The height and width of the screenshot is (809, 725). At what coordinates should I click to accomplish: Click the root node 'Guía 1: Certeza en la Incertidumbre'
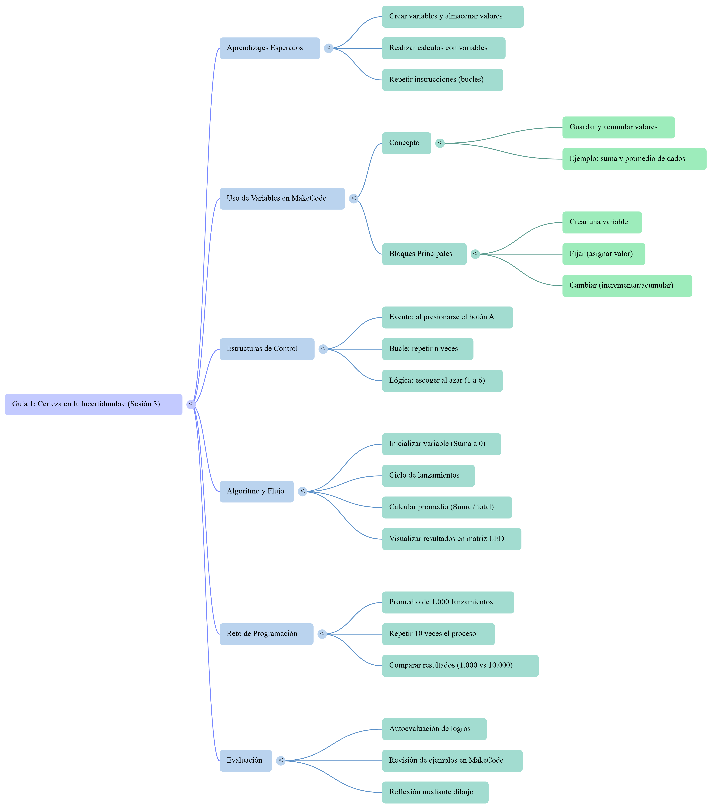point(94,404)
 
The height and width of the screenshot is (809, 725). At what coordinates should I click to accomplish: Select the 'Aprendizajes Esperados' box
point(270,48)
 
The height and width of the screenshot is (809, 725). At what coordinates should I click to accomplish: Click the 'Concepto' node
point(406,143)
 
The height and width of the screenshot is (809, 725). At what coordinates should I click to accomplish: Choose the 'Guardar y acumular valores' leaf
point(618,128)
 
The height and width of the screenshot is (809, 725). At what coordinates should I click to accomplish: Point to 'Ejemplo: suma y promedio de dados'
point(634,159)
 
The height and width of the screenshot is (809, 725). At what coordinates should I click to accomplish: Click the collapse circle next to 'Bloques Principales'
point(475,254)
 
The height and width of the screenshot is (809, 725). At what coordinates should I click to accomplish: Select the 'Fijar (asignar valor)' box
point(604,254)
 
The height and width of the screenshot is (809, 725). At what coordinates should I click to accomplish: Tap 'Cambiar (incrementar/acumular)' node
point(627,286)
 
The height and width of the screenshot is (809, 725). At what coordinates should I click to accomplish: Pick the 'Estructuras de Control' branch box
point(267,349)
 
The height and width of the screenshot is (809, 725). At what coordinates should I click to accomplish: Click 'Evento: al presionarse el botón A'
point(447,317)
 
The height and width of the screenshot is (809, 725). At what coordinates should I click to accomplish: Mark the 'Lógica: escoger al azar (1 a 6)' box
point(442,381)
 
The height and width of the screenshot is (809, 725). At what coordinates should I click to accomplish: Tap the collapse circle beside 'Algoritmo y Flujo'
point(303,492)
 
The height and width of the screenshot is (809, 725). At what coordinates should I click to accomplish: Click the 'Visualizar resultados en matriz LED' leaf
point(451,539)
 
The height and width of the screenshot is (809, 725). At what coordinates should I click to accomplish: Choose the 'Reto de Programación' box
point(266,634)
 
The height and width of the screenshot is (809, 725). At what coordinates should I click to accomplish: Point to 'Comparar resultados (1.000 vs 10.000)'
point(460,665)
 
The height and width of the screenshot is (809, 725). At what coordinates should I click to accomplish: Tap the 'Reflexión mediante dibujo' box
point(435,792)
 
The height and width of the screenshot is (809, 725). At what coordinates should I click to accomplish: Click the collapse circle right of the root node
point(191,404)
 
